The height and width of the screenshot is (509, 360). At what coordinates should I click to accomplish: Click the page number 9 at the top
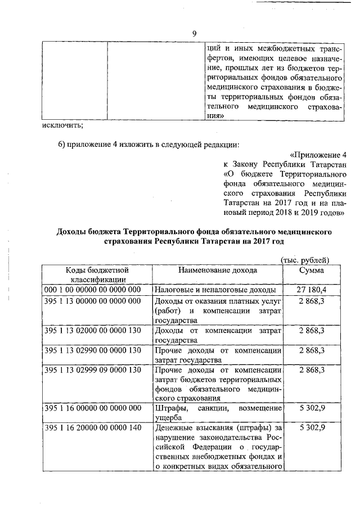pos(193,34)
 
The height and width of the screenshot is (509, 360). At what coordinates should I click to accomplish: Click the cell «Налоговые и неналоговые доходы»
pos(215,290)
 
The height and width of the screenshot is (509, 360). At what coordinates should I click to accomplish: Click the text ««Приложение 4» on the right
pos(318,154)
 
